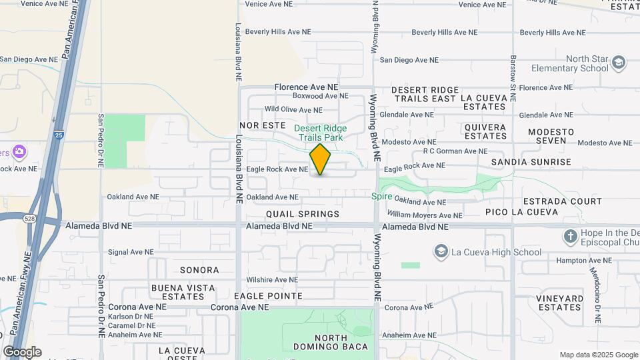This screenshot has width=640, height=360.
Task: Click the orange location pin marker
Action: (320, 159)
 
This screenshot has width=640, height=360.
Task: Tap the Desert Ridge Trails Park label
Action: (321, 133)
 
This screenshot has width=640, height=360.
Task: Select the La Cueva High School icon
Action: (441, 251)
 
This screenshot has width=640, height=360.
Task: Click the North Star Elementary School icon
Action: (619, 63)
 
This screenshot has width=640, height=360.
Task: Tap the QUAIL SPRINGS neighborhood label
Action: (303, 214)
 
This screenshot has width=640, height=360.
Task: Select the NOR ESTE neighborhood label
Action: (258, 125)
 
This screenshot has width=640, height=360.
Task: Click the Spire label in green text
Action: (382, 197)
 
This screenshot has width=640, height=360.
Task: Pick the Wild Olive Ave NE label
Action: (293, 110)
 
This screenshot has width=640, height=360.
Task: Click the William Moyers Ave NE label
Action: (425, 215)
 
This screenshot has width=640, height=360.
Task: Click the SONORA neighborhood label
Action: (199, 270)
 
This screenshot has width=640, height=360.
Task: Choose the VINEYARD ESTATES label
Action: (560, 303)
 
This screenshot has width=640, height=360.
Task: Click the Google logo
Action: (22, 352)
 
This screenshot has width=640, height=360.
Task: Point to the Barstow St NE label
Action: (513, 79)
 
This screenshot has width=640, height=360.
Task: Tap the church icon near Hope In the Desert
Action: (570, 236)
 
